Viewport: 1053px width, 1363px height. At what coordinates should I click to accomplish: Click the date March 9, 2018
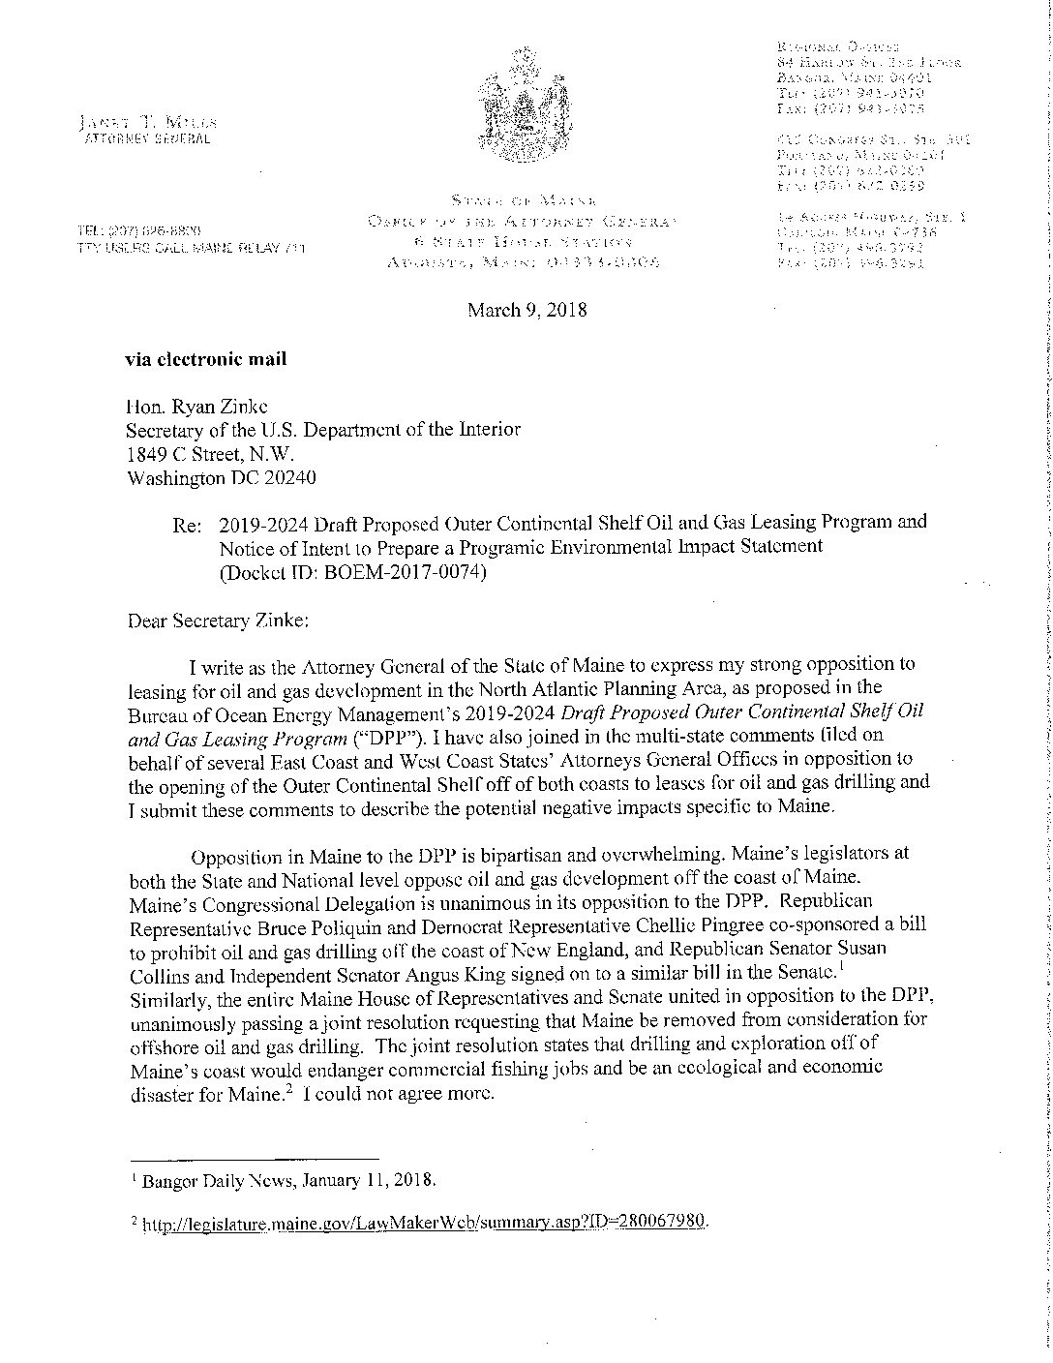526,311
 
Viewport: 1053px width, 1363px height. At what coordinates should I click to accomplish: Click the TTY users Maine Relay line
192,249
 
